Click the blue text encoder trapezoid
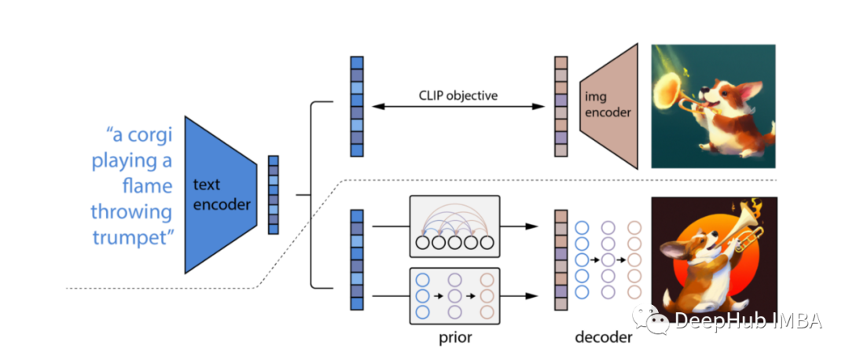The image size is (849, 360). [x=220, y=194]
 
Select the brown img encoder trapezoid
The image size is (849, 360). [x=609, y=105]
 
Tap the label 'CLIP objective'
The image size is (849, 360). [x=458, y=95]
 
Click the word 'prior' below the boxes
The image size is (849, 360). [x=455, y=338]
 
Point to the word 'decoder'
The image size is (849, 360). [x=604, y=338]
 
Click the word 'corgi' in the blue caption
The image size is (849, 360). [x=150, y=135]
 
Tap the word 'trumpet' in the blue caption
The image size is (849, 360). [x=132, y=237]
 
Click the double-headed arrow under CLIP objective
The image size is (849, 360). [x=458, y=107]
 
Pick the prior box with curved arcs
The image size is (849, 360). [x=455, y=226]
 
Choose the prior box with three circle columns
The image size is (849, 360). [x=455, y=296]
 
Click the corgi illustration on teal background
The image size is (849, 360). [x=713, y=106]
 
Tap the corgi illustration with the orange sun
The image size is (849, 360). [x=714, y=260]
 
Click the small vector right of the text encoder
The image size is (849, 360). [x=274, y=195]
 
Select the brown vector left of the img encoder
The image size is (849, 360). [x=561, y=107]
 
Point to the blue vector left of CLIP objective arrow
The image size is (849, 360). [x=356, y=107]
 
